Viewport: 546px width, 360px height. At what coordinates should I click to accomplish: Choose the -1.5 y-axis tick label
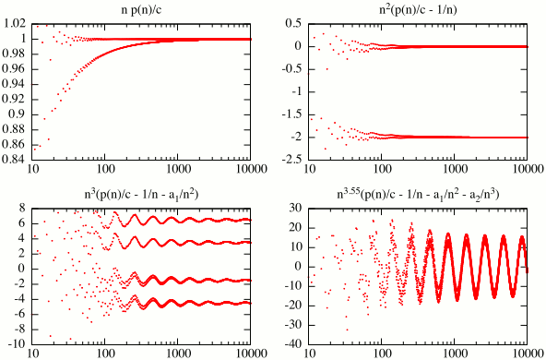(293, 114)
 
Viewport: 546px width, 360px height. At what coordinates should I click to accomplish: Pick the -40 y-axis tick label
(293, 345)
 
